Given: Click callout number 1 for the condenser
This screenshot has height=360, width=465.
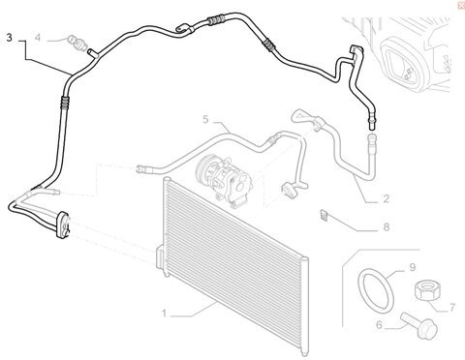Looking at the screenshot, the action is (x=165, y=314).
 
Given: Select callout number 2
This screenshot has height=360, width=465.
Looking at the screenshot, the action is (x=386, y=198).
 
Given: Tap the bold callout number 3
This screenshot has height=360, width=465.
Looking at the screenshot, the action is (x=9, y=38).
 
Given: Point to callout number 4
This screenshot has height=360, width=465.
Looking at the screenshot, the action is (x=38, y=38).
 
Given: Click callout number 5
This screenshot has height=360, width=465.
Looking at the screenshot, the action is (x=205, y=119).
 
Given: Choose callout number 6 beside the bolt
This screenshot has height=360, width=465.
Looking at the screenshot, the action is (x=379, y=325).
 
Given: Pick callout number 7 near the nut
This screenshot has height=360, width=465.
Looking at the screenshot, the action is (x=452, y=308).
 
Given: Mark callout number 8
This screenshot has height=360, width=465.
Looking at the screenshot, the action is (x=387, y=227).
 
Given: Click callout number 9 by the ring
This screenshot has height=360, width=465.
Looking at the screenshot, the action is (x=413, y=267).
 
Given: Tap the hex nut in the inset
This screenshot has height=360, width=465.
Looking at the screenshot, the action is (x=426, y=289).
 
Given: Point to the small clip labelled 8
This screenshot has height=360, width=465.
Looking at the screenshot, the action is (x=324, y=215).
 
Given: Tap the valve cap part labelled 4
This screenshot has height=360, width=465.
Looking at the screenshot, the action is (x=77, y=44).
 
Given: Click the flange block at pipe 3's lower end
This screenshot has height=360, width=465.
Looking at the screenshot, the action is (x=63, y=225).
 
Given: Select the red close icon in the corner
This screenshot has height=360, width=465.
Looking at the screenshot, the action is (x=461, y=5).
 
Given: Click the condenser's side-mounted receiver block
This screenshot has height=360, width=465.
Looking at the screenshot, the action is (x=160, y=257).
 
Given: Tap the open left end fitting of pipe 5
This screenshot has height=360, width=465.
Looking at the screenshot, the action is (x=140, y=168).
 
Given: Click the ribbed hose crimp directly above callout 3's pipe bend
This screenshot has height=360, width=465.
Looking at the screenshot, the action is (x=64, y=102).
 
